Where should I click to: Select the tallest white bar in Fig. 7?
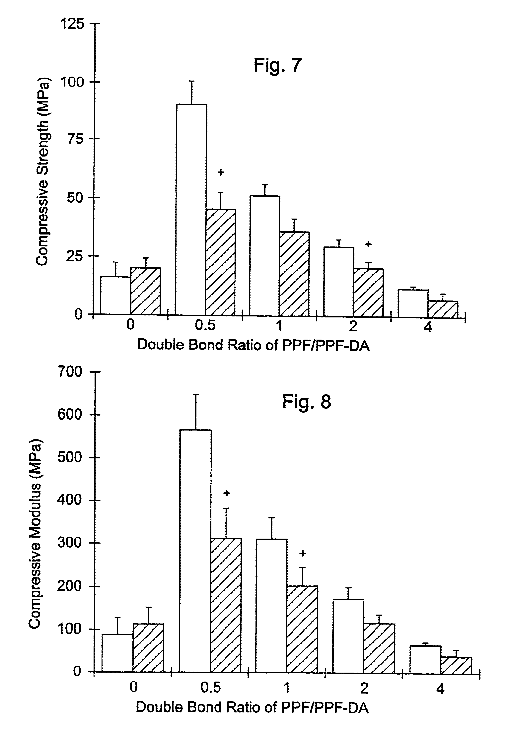(191, 209)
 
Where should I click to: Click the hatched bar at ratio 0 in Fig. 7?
(146, 291)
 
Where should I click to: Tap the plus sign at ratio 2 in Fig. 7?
(368, 244)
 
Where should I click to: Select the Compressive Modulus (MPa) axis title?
(35, 532)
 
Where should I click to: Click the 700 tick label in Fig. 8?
(70, 371)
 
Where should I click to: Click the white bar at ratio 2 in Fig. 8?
(348, 635)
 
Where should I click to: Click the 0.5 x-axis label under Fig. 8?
(210, 687)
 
